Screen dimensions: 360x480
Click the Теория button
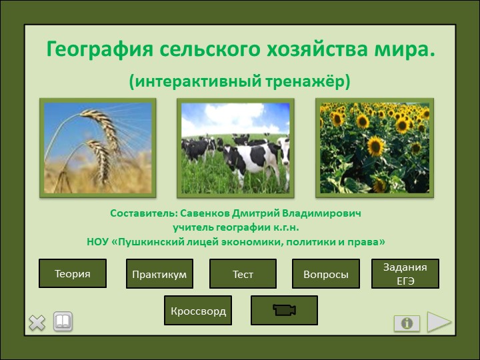click(x=73, y=273)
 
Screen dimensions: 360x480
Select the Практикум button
click(x=159, y=274)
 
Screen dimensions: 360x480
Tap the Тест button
click(x=243, y=274)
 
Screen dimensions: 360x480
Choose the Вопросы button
click(x=326, y=274)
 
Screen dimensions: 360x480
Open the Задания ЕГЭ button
click(x=405, y=273)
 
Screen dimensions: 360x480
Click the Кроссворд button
click(x=198, y=311)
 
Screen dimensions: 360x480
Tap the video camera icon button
click(x=284, y=311)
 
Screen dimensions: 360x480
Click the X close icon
click(x=37, y=323)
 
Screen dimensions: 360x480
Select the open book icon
click(x=63, y=322)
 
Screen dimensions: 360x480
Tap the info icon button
click(x=407, y=323)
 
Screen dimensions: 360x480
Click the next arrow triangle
click(x=439, y=322)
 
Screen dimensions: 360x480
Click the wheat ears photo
click(x=98, y=148)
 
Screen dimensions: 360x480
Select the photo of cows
click(x=235, y=148)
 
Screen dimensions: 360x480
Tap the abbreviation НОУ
click(x=100, y=241)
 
